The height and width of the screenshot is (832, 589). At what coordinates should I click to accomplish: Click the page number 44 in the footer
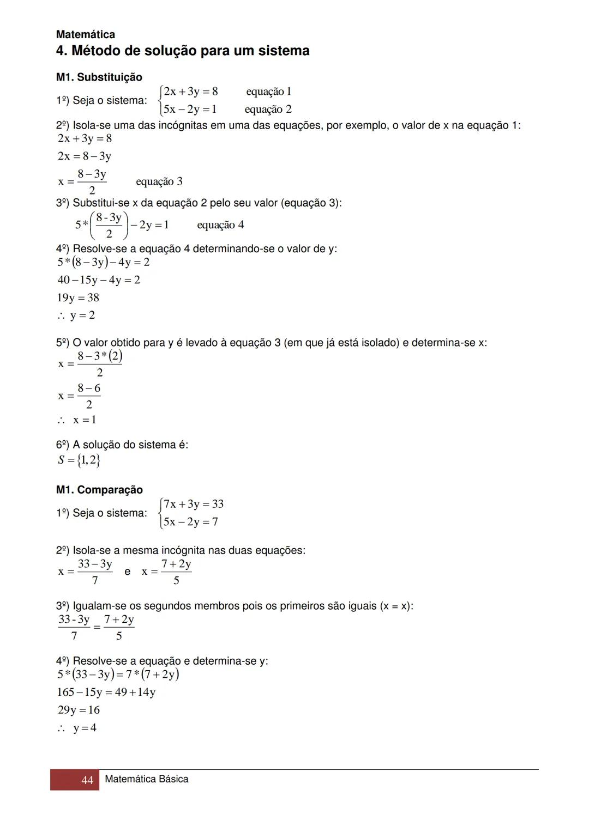(87, 780)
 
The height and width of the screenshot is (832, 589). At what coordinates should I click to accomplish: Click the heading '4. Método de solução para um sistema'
(183, 51)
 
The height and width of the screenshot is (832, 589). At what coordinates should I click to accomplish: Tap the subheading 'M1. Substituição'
(99, 77)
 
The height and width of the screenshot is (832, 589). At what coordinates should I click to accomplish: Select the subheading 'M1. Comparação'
(99, 490)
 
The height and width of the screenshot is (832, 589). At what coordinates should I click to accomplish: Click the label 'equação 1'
(268, 92)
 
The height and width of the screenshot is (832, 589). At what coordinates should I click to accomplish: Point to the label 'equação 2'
(268, 110)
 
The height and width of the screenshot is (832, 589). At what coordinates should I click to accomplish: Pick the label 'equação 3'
(159, 181)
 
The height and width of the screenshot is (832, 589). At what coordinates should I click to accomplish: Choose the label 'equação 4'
(220, 225)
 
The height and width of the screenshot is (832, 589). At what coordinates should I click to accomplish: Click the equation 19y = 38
(78, 297)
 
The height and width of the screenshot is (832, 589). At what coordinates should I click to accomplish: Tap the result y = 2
(82, 315)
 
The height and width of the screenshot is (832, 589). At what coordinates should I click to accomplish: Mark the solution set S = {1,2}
(79, 460)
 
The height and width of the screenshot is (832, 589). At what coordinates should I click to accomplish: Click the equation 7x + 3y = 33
(193, 504)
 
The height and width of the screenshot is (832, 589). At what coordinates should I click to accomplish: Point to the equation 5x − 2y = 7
(190, 522)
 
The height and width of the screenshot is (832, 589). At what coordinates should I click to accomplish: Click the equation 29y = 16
(79, 710)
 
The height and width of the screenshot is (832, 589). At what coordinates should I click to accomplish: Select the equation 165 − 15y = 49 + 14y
(106, 693)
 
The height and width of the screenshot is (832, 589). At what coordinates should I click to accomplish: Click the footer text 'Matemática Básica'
(146, 779)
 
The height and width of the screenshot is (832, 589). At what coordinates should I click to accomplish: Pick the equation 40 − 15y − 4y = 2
(98, 280)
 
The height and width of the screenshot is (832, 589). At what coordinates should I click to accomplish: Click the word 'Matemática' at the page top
(86, 35)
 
